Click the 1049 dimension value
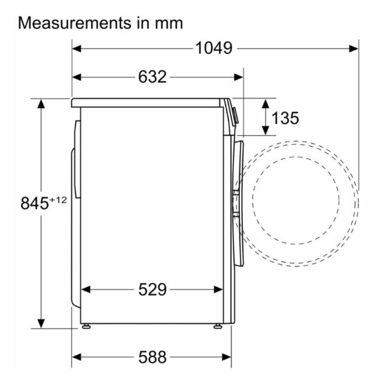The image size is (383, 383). click(x=214, y=48)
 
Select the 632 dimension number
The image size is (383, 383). click(x=153, y=77)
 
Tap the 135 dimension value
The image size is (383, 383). click(x=285, y=118)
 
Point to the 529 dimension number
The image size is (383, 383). click(x=153, y=290)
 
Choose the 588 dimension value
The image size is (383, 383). click(x=153, y=357)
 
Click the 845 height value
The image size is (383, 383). click(x=35, y=203)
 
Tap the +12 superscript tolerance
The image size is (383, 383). click(x=58, y=200)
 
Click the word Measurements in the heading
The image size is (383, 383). click(x=75, y=23)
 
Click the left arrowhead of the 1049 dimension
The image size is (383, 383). click(x=77, y=48)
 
